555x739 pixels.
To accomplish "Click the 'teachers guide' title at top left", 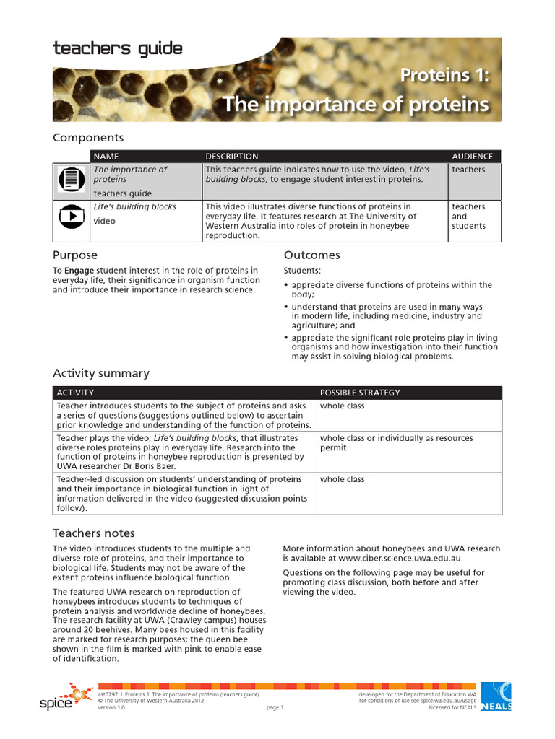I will pos(117,49).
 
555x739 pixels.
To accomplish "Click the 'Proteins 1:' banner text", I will pos(444,75).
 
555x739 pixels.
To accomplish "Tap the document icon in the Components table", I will pos(71,180).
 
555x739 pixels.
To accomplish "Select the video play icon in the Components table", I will pos(71,216).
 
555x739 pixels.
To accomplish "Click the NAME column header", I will pos(106,156).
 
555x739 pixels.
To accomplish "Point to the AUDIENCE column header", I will pos(472,156).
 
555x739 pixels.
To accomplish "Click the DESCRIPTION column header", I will pos(231,156).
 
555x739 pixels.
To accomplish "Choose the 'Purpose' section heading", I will pos(74,255).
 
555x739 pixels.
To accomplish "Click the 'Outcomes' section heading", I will pos(311,255).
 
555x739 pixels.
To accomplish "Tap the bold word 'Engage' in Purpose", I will pos(79,271).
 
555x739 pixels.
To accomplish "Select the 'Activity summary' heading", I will pos(100,373).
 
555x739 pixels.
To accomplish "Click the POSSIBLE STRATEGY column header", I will pos(360,393).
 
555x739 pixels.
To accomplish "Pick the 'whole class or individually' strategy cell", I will pos(396,442).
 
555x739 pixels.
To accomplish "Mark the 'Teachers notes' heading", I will pos(93,533).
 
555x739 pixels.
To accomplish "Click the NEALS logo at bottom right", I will pos(496,696).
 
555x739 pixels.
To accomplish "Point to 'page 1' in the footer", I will pos(275,708).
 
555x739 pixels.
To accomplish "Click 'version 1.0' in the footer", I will pos(112,708).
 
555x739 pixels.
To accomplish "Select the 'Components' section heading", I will pos(88,137).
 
